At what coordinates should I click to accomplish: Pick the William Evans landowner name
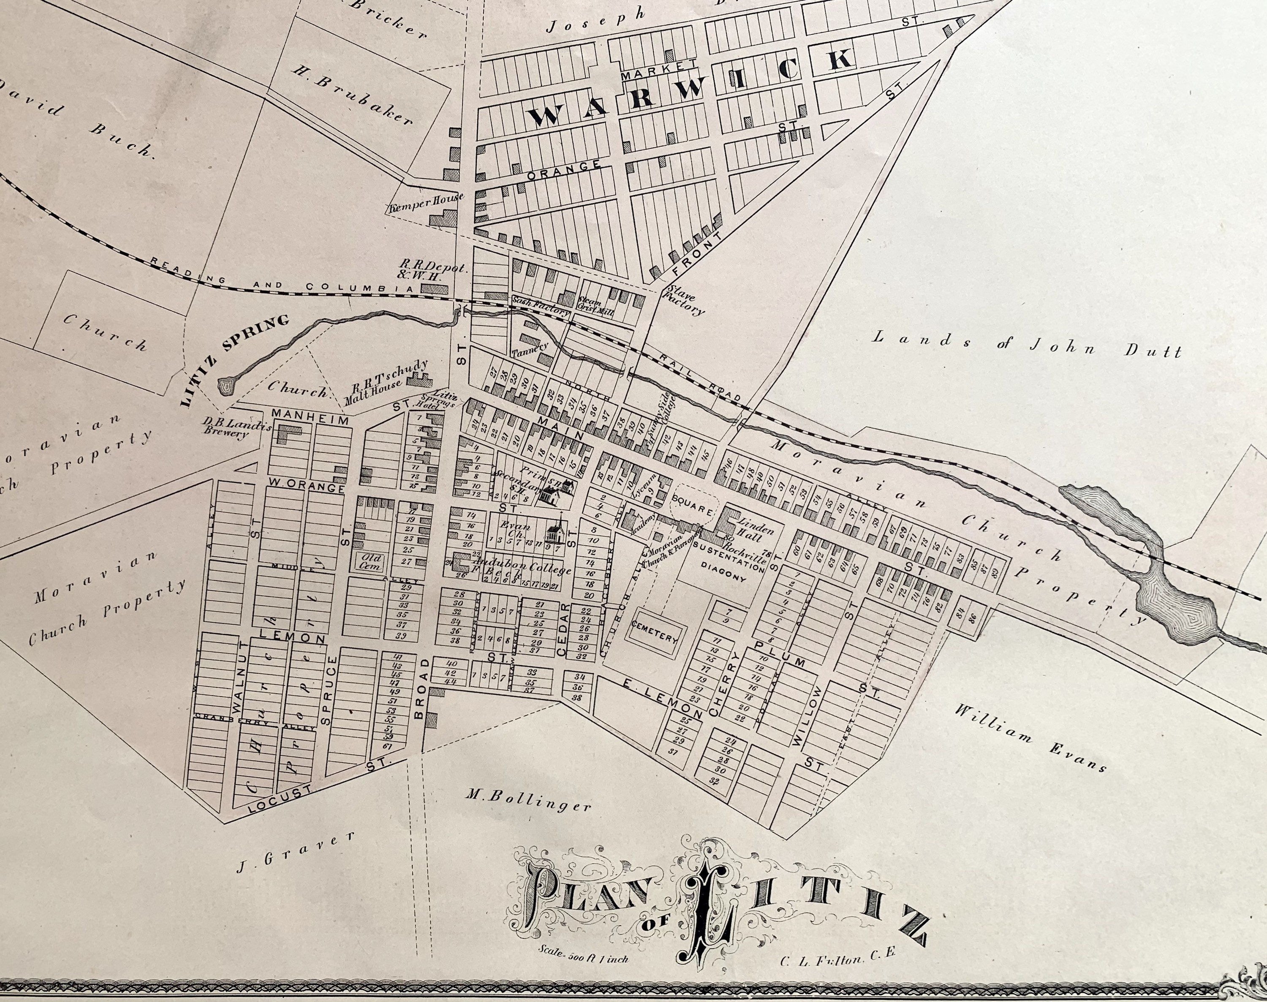click(1030, 737)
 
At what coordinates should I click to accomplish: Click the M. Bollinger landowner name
click(528, 801)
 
